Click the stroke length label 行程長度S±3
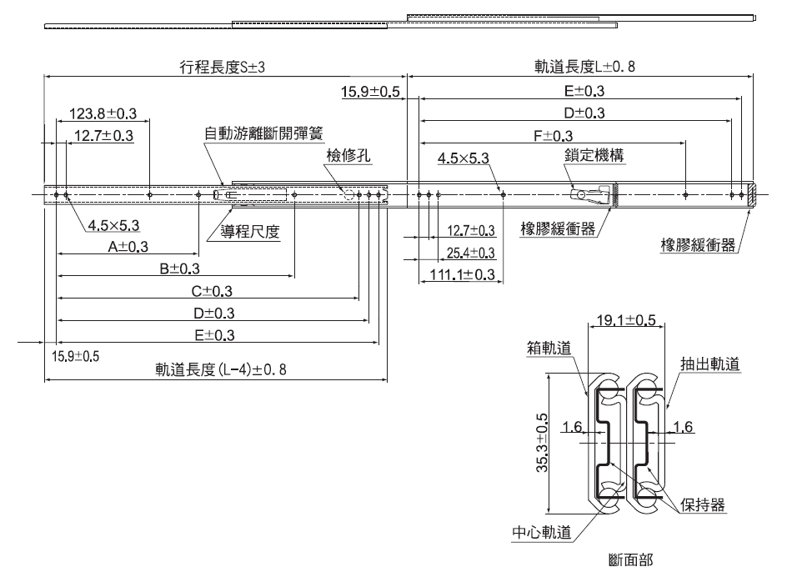pyautogui.click(x=222, y=68)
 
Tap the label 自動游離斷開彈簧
pyautogui.click(x=263, y=133)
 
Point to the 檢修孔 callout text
pyautogui.click(x=346, y=155)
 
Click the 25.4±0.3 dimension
pyautogui.click(x=471, y=253)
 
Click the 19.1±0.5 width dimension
pyautogui.click(x=626, y=319)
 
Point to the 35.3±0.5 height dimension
pyautogui.click(x=542, y=444)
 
